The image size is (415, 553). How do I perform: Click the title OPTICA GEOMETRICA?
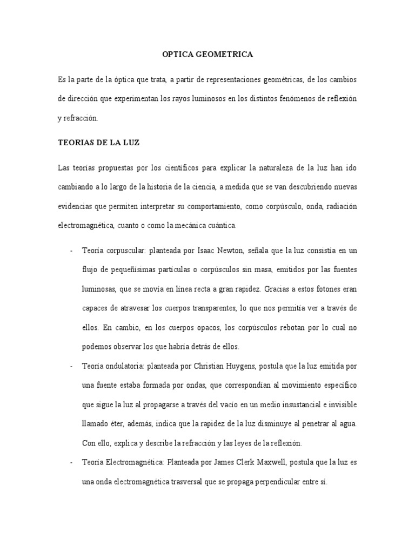207,55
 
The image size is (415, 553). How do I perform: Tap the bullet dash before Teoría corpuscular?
71,251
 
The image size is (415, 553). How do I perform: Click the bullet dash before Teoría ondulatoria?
71,367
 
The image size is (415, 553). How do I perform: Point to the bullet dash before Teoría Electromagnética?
71,463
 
